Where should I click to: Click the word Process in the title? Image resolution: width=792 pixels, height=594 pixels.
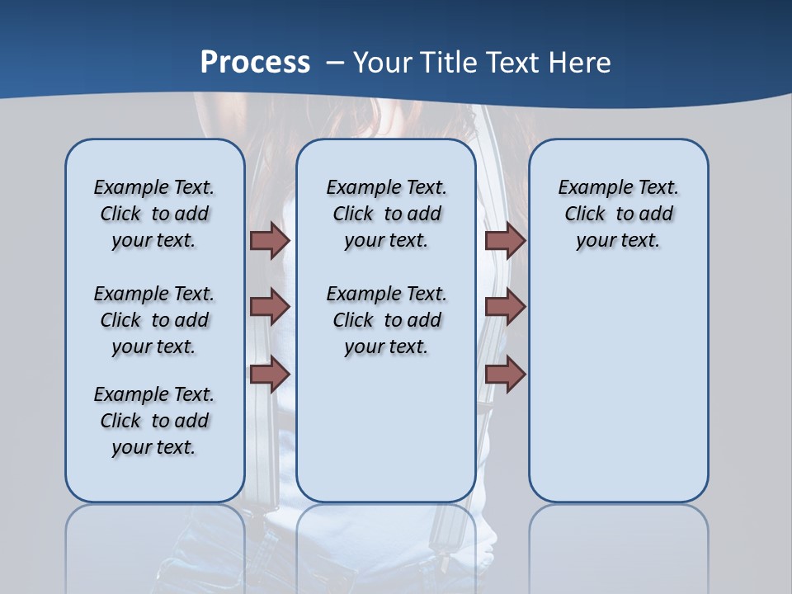click(x=255, y=62)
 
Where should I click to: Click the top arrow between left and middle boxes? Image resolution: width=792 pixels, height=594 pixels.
click(x=270, y=240)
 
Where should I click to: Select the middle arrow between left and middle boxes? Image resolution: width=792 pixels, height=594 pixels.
click(x=270, y=307)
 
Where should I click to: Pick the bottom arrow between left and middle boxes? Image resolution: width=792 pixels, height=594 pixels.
click(x=270, y=374)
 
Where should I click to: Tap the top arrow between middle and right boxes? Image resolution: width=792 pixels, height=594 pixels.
click(x=505, y=240)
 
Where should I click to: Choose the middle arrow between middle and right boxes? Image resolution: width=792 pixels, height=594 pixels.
click(x=505, y=307)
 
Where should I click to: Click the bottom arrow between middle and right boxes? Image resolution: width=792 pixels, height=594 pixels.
click(x=505, y=374)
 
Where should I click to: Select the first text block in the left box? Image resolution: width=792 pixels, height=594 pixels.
click(x=154, y=214)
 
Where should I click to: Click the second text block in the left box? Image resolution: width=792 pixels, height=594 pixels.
click(x=154, y=320)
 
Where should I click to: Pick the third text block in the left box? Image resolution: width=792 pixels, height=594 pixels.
click(x=154, y=421)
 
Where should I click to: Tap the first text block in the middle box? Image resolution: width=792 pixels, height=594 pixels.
click(x=386, y=214)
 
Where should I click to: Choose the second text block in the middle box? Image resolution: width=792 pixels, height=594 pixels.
click(x=386, y=320)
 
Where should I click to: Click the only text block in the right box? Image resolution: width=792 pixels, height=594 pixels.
click(x=618, y=214)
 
